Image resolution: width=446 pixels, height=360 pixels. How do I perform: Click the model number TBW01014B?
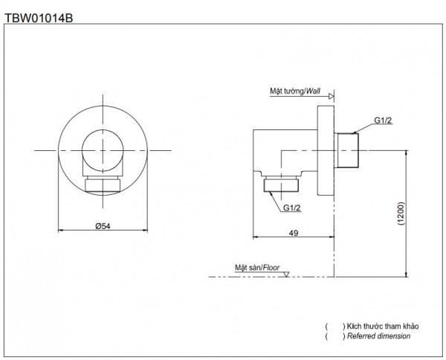(39, 18)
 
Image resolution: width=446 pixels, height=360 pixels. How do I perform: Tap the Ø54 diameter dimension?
(103, 226)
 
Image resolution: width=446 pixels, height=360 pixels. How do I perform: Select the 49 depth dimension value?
(294, 233)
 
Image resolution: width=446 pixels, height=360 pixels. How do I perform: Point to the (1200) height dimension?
(401, 213)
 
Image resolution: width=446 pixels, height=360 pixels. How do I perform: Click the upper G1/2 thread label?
(383, 120)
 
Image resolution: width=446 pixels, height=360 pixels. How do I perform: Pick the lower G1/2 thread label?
(291, 208)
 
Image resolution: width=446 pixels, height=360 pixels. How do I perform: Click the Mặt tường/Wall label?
(295, 91)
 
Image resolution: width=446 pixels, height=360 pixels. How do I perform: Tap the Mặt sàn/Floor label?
(257, 268)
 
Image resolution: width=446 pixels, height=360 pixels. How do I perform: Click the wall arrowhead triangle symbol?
(331, 96)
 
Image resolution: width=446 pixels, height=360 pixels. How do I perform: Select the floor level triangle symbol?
(286, 274)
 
